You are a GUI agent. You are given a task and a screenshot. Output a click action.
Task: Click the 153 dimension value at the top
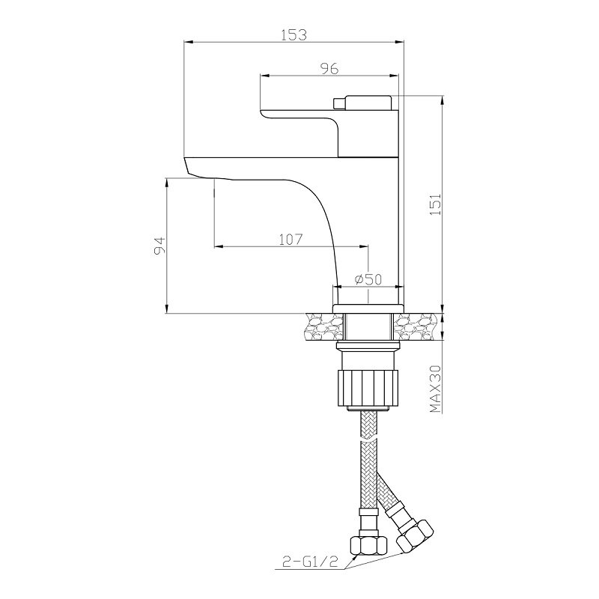[x=294, y=34]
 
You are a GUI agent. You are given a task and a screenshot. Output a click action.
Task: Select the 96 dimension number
[x=329, y=69]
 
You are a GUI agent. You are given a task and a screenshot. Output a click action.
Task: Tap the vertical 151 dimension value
[x=436, y=204]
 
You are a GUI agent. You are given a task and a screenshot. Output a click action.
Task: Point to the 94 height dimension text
[x=159, y=246]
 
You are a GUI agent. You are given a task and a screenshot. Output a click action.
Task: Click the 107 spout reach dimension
[x=291, y=240]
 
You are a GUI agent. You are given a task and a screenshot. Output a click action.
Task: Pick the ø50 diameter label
[x=368, y=279]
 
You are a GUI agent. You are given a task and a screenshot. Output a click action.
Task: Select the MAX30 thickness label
[x=436, y=389]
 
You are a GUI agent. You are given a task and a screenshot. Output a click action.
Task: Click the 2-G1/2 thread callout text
[x=310, y=562]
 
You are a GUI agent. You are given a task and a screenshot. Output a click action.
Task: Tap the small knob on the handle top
[x=339, y=103]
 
